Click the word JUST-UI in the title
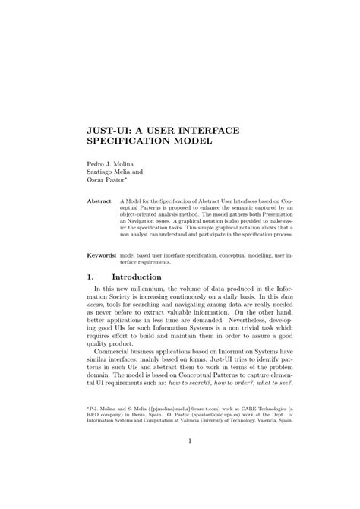pos(109,131)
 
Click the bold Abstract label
pos(99,201)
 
